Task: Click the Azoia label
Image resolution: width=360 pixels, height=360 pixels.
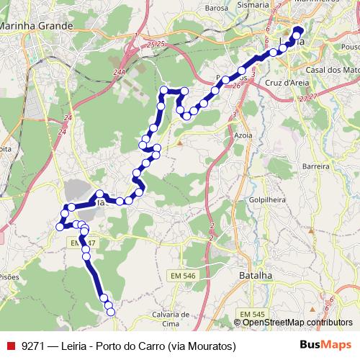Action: (245, 135)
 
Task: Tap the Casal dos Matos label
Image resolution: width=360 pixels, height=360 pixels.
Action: (332, 70)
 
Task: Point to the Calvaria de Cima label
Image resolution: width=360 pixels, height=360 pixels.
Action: (171, 319)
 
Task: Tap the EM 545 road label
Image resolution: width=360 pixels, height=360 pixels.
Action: (253, 314)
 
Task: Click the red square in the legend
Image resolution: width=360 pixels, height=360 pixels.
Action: (10, 346)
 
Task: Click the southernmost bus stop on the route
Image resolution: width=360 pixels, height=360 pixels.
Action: (111, 311)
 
